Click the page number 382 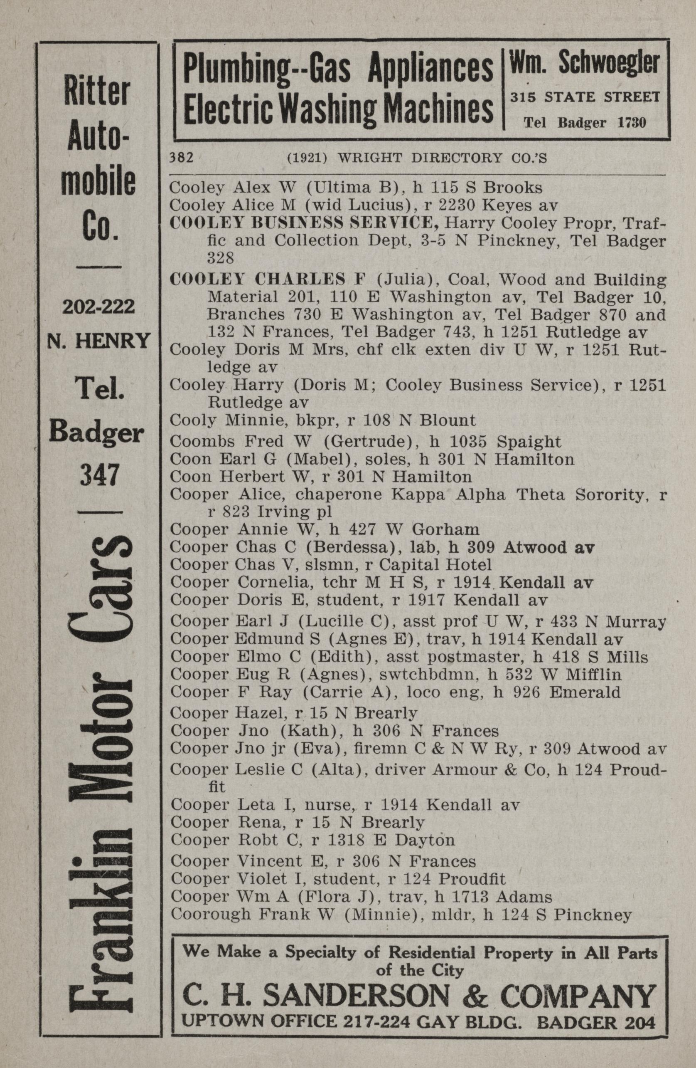point(181,158)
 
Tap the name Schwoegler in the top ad point(609,64)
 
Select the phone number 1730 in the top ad point(632,123)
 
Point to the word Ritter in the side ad point(97,92)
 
